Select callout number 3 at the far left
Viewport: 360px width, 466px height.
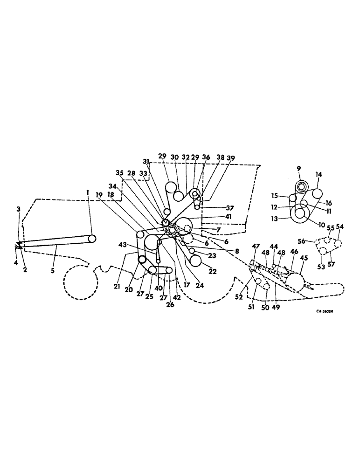point(18,209)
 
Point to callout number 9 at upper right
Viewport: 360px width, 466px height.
point(298,168)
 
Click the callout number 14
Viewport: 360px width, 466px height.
point(318,174)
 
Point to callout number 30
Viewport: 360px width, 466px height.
point(177,158)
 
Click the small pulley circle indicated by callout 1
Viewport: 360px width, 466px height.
point(92,238)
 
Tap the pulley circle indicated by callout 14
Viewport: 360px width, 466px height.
point(317,193)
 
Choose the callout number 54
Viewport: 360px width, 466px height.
point(340,226)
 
